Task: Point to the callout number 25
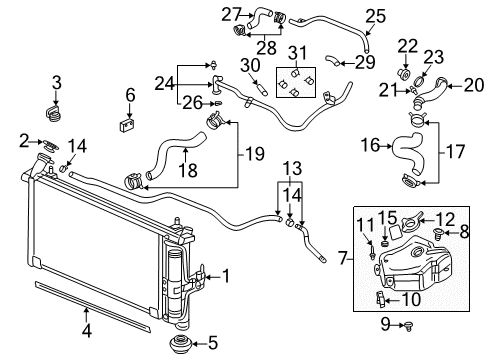tap(375, 15)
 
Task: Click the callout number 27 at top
tap(232, 13)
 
